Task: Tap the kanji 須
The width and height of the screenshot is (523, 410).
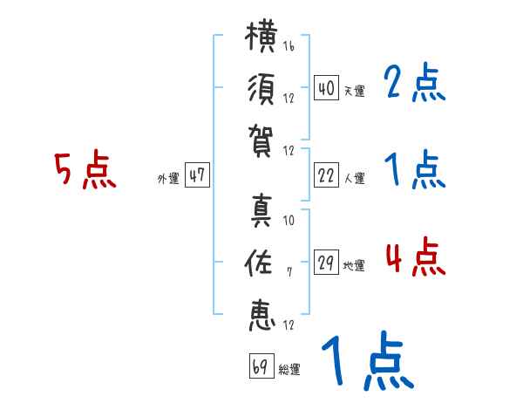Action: click(261, 89)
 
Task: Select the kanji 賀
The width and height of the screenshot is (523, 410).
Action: click(261, 141)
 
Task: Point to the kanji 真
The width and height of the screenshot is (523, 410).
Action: click(261, 211)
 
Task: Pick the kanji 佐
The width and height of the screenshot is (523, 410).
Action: click(258, 263)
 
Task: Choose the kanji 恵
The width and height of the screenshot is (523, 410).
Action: click(262, 315)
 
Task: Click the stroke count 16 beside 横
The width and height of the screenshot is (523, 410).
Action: click(289, 45)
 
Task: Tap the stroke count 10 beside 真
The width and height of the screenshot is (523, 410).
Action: click(289, 220)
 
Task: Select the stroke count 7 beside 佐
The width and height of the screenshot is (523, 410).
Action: click(289, 272)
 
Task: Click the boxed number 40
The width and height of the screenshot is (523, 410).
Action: click(327, 87)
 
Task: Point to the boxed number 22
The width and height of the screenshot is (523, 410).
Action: click(327, 175)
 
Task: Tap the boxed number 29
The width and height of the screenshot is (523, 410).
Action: click(327, 262)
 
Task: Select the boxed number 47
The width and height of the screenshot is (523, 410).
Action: click(197, 174)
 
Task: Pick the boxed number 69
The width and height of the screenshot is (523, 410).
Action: click(261, 366)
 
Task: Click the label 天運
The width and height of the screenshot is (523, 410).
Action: click(355, 91)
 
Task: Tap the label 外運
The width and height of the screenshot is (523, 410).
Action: click(168, 178)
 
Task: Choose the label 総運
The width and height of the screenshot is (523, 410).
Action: click(289, 370)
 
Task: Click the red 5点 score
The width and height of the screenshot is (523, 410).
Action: click(85, 169)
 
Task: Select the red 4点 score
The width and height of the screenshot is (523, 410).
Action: click(416, 256)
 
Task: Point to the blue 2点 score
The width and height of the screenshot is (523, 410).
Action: click(415, 82)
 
